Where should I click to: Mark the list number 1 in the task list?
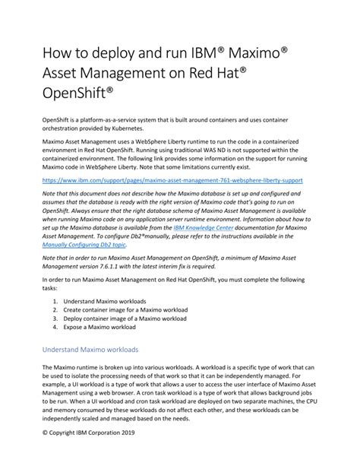click(56, 302)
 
